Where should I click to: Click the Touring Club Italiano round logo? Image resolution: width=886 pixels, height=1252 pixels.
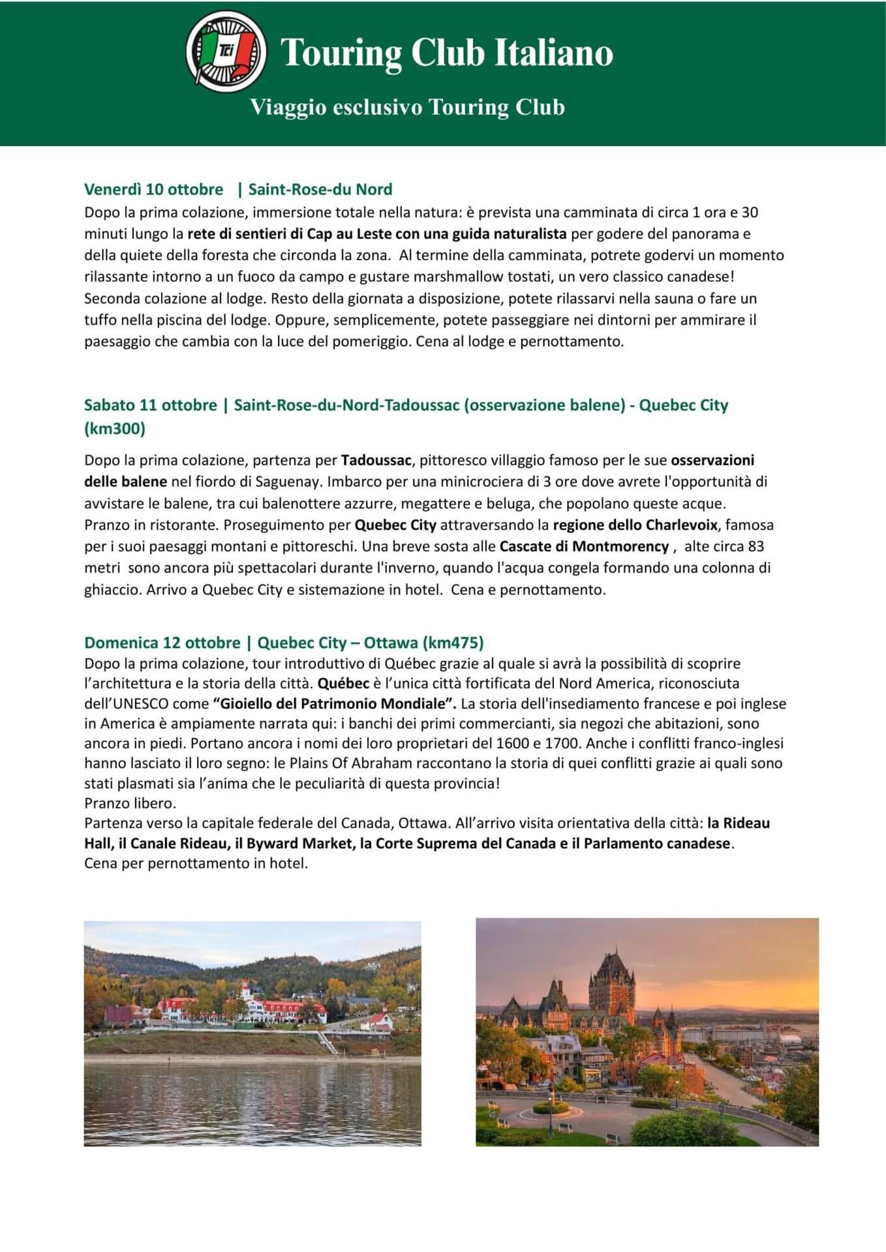pyautogui.click(x=226, y=51)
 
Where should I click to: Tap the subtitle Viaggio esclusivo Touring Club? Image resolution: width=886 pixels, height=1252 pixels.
pyautogui.click(x=408, y=107)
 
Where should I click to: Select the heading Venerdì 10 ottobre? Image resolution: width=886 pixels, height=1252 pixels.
pyautogui.click(x=153, y=190)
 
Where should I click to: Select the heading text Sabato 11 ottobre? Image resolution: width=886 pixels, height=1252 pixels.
pyautogui.click(x=150, y=405)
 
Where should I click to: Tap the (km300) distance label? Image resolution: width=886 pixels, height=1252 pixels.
pyautogui.click(x=115, y=428)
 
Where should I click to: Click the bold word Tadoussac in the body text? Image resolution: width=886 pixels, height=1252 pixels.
pyautogui.click(x=376, y=460)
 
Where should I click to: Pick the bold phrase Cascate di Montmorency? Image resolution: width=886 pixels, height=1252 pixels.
pyautogui.click(x=584, y=546)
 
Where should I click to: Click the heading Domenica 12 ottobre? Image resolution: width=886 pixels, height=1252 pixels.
pyautogui.click(x=162, y=643)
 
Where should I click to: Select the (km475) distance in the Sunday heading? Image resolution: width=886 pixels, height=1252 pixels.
pyautogui.click(x=453, y=643)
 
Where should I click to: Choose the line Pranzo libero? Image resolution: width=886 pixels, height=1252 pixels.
pyautogui.click(x=130, y=803)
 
